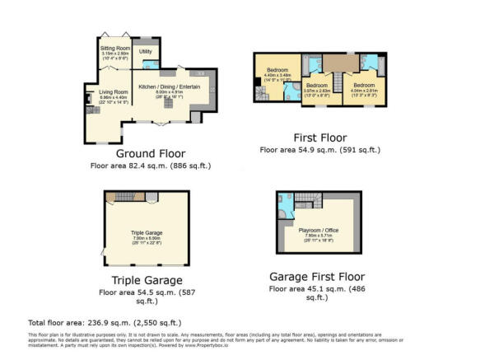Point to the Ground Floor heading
pyautogui.click(x=151, y=153)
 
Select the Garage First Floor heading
pyautogui.click(x=317, y=277)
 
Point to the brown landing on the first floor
pyautogui.click(x=338, y=63)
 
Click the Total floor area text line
pyautogui.click(x=105, y=322)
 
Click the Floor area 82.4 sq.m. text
pyautogui.click(x=151, y=166)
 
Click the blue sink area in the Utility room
pyautogui.click(x=157, y=64)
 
